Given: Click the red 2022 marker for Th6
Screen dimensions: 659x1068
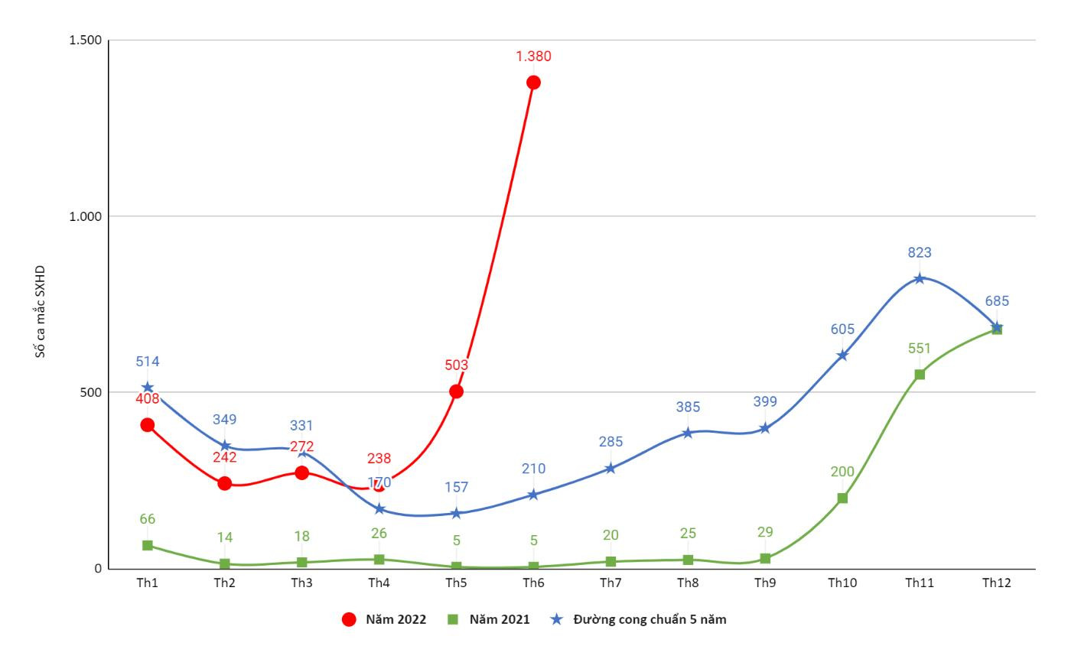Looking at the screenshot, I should coord(533,83).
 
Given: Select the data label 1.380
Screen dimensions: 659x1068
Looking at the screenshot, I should coord(533,56).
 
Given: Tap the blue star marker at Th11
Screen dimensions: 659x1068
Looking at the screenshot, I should coord(920,278).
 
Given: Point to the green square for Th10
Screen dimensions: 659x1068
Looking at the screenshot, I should coord(842,498).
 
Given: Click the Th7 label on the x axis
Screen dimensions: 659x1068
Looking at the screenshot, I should coord(611,583).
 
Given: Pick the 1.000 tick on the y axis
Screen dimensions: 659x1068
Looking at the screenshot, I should coord(86,216).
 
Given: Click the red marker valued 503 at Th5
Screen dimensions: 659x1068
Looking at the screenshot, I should coord(456,391).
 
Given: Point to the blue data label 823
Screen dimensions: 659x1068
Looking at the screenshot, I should coord(920,252).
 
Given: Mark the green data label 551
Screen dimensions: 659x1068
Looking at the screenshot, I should coord(920,349).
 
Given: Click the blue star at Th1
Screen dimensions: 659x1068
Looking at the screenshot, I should coord(148,388).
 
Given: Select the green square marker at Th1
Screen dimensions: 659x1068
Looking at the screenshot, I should coord(148,545).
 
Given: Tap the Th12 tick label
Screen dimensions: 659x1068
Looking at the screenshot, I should coord(997,583).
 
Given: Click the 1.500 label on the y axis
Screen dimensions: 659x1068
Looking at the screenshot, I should coord(86,40).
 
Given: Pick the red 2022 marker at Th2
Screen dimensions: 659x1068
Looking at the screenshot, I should coord(225,483).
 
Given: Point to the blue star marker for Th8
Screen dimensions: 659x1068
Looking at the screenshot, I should coord(688,433).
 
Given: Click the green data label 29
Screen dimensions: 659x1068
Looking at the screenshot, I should coord(765,533).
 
